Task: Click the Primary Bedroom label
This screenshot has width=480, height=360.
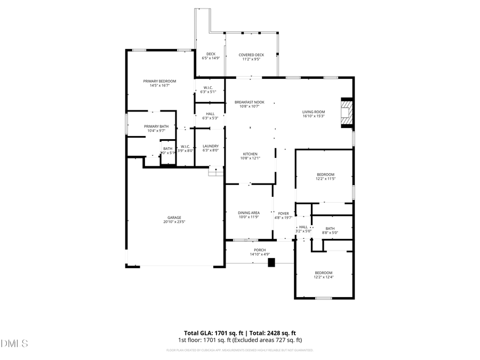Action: coord(159,81)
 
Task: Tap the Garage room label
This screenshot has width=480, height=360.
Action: coord(174,217)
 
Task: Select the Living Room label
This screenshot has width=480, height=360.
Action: coord(314,112)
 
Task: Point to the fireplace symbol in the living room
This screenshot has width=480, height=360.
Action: coord(347,113)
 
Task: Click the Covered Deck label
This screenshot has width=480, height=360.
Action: coord(251,55)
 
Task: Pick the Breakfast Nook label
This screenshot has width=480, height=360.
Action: coord(249,102)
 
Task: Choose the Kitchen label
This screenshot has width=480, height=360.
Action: coord(250,154)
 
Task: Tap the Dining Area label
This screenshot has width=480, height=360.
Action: coord(249,213)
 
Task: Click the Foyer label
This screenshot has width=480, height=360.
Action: coord(283,213)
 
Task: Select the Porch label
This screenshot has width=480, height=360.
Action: coord(260,250)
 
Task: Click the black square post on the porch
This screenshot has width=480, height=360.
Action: coord(271,262)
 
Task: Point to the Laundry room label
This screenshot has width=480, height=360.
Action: coord(211,146)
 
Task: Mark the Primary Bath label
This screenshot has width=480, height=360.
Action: coord(156,126)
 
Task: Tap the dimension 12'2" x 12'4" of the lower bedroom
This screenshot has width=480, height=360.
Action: coord(323,277)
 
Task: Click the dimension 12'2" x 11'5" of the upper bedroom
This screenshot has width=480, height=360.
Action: coord(325,179)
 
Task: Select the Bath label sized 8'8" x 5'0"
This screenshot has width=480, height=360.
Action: coord(330,228)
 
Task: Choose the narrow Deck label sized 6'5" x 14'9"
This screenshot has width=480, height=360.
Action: coord(211,54)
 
